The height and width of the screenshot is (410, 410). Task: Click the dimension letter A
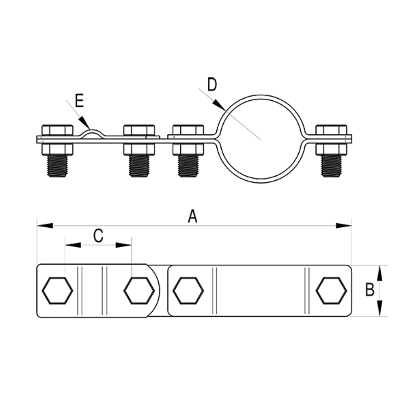(x=192, y=216)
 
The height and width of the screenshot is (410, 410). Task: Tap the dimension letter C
(x=98, y=236)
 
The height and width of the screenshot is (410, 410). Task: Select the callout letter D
(x=212, y=84)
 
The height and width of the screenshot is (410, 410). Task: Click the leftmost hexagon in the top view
(x=57, y=290)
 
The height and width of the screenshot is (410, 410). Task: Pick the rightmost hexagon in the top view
(x=331, y=290)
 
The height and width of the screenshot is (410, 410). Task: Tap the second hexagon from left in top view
(x=139, y=290)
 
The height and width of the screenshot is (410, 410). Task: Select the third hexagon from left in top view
(x=188, y=290)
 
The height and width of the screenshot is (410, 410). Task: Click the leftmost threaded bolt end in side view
(x=57, y=166)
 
